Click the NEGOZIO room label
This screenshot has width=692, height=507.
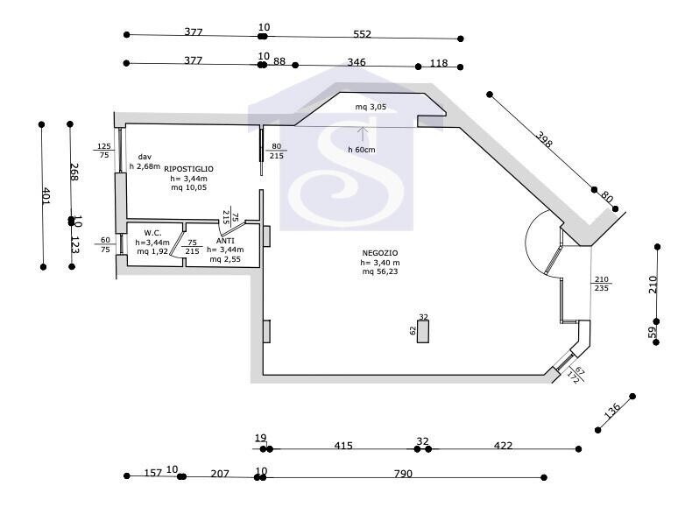(379, 253)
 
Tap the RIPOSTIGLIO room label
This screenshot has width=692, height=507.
(188, 168)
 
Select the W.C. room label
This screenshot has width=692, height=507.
(152, 233)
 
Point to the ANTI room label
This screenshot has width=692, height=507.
(225, 241)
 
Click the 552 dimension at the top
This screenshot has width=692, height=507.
(362, 34)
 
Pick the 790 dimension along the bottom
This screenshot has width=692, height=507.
(403, 474)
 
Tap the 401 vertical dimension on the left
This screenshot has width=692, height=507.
(46, 195)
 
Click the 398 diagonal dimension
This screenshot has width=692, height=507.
(544, 139)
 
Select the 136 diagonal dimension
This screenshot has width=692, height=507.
(611, 411)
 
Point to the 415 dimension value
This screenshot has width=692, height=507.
(342, 446)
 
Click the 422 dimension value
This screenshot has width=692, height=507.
(503, 446)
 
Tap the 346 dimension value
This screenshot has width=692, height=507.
(357, 62)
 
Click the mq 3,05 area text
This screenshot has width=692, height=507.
(371, 107)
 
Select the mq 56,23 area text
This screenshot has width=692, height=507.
(380, 271)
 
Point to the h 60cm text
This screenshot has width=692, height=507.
(362, 150)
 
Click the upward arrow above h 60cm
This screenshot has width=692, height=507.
(363, 134)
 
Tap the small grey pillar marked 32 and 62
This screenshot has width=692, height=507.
(423, 331)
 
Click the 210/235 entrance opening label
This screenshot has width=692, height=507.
(602, 284)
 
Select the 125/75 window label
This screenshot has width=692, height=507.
(104, 151)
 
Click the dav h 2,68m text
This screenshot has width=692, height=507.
(145, 161)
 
